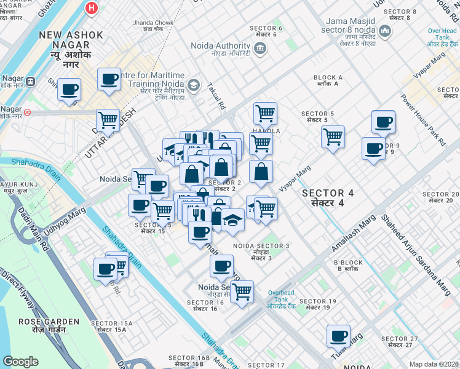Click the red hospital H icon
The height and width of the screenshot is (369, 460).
(x=92, y=8)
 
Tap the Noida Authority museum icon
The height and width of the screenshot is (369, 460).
(x=260, y=49)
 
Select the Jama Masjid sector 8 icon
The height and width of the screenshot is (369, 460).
(x=385, y=30)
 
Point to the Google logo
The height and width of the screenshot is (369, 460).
(x=20, y=362)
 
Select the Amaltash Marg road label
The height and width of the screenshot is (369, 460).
(x=354, y=233)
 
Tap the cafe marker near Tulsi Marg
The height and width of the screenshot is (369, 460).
(x=338, y=335)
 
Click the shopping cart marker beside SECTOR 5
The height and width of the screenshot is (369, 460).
(x=333, y=137)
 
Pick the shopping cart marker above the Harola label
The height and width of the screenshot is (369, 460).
(x=265, y=113)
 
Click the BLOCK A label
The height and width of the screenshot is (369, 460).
(x=328, y=81)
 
